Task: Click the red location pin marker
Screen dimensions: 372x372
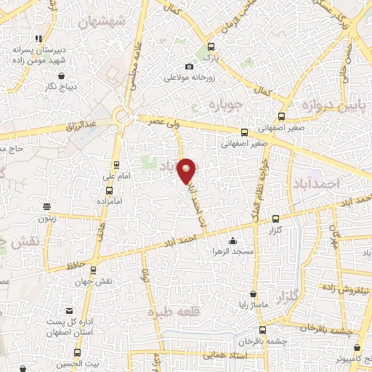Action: (x=187, y=170)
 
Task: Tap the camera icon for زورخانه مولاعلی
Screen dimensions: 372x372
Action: (x=190, y=66)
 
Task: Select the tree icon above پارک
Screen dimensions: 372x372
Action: (x=210, y=45)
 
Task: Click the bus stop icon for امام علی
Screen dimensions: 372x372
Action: (x=116, y=164)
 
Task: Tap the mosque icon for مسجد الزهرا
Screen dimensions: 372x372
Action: (x=232, y=241)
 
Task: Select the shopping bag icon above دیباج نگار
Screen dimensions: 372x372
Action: (x=61, y=75)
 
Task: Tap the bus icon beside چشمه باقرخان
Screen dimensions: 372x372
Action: (x=240, y=340)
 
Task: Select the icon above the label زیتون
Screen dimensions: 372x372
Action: (x=46, y=206)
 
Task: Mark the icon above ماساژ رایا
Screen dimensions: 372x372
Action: (x=252, y=294)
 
